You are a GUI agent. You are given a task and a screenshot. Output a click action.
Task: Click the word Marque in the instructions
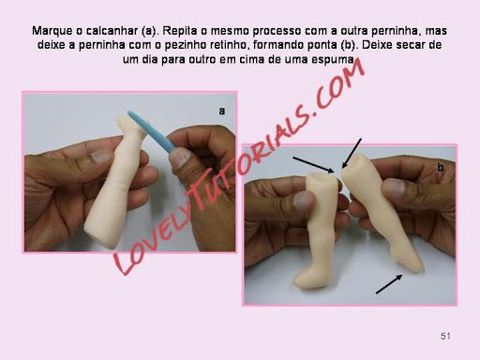(52, 31)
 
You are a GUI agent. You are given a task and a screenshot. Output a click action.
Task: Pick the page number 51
(445, 337)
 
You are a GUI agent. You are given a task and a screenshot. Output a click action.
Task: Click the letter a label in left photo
(221, 111)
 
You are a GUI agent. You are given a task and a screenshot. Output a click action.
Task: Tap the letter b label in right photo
(441, 168)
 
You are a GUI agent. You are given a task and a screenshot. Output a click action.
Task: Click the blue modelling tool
(152, 131)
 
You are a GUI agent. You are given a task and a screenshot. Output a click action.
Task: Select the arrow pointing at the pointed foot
(389, 284)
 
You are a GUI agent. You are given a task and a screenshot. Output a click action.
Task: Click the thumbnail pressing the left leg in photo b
(303, 201)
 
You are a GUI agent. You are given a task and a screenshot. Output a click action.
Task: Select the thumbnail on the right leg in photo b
(395, 187)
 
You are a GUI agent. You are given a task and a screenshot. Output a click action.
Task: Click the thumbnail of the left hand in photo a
(100, 157)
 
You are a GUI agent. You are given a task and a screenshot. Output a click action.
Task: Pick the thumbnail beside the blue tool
(180, 157)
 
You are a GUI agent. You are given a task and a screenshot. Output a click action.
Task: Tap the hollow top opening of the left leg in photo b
(322, 177)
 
